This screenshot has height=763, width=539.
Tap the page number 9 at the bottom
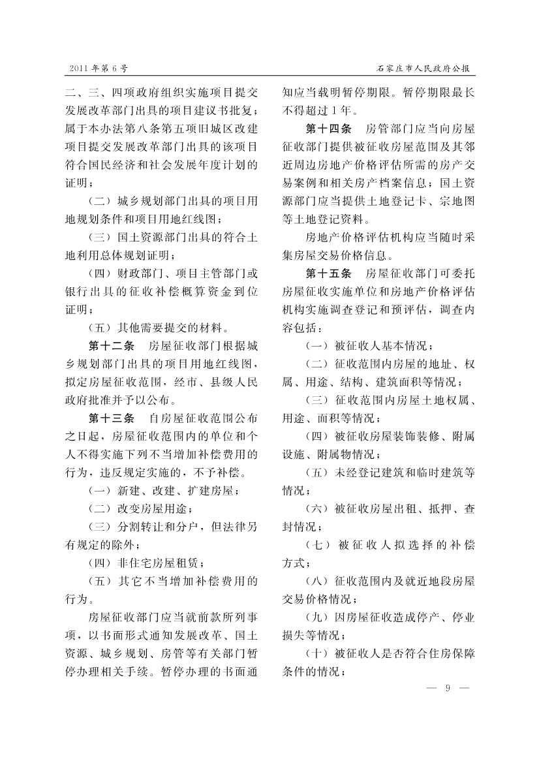[448, 687]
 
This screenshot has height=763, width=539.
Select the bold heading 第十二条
[111, 345]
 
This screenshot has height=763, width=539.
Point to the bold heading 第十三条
[111, 417]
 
